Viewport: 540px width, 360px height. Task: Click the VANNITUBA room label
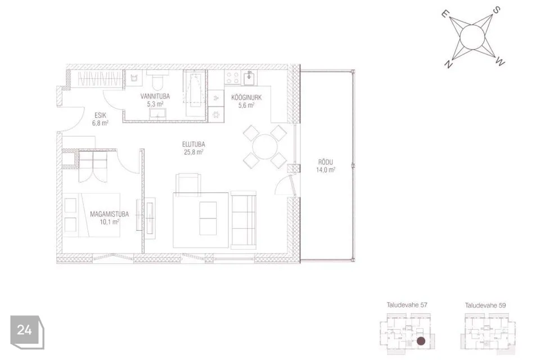155,96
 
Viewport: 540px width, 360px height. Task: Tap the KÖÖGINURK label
246,97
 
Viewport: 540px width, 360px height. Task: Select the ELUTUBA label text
193,145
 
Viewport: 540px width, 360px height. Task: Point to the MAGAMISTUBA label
109,214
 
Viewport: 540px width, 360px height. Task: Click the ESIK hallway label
100,115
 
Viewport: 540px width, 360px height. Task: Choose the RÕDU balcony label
326,162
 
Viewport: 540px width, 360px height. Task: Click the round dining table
264,147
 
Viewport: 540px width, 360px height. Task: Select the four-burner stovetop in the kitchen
232,78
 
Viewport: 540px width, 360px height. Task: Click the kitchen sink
249,78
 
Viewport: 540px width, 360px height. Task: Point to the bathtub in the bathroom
195,93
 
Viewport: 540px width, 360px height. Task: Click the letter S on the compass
496,10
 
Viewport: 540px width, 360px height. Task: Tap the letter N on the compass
448,64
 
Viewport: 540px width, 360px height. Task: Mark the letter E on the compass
445,13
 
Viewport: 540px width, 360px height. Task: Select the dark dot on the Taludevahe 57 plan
421,341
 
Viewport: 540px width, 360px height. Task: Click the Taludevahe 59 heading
485,305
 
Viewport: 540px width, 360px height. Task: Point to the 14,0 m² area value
326,169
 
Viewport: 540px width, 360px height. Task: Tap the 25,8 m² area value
193,152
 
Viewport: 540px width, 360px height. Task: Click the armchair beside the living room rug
188,184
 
